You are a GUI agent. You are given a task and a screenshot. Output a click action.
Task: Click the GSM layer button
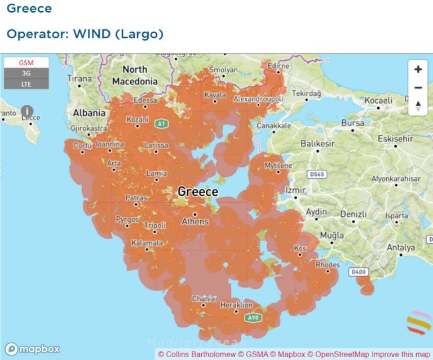(26, 63)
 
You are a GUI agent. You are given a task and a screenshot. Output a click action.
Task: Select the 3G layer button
(26, 73)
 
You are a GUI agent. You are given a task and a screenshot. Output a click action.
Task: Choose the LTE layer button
(26, 83)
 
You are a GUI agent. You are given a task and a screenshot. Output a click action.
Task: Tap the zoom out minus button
(418, 88)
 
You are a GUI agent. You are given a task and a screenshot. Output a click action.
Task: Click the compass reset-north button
(418, 106)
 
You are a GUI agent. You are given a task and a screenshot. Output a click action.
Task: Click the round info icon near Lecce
(26, 111)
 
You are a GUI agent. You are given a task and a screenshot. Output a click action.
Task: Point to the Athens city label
(195, 221)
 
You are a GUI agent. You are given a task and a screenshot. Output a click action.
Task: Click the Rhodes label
(328, 265)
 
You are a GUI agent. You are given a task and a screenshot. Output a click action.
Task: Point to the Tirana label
(79, 79)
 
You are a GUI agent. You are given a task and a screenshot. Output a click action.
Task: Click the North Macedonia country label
(135, 75)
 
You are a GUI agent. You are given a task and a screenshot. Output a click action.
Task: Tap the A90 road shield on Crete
(254, 318)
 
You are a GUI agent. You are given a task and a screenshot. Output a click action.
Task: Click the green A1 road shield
(162, 123)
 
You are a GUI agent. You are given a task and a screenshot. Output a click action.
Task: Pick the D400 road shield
(357, 272)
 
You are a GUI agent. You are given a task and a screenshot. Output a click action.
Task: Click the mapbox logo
(32, 349)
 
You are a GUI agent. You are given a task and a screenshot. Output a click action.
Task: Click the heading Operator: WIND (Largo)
(85, 34)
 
